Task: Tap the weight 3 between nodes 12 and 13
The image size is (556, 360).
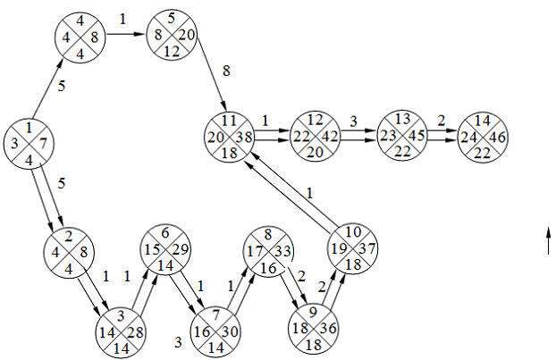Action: [x=354, y=120]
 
